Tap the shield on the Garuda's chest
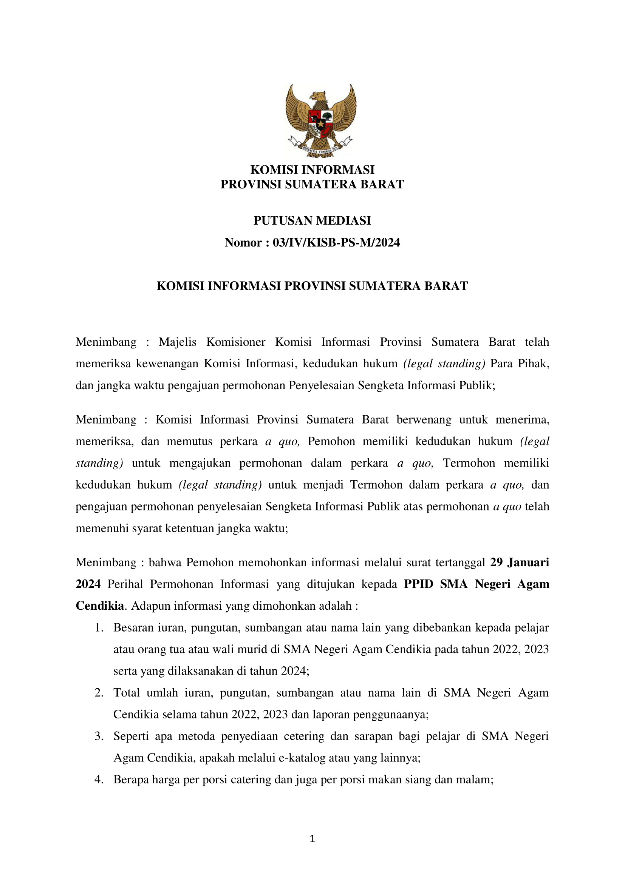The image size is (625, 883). [x=320, y=124]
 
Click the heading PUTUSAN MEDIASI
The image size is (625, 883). [x=312, y=220]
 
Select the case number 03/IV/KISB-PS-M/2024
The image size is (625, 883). [x=336, y=242]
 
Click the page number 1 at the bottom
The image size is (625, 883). [x=312, y=839]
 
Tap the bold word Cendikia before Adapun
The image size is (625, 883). [x=100, y=606]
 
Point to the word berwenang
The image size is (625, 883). [x=424, y=419]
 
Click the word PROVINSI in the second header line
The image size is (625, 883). [x=251, y=185]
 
